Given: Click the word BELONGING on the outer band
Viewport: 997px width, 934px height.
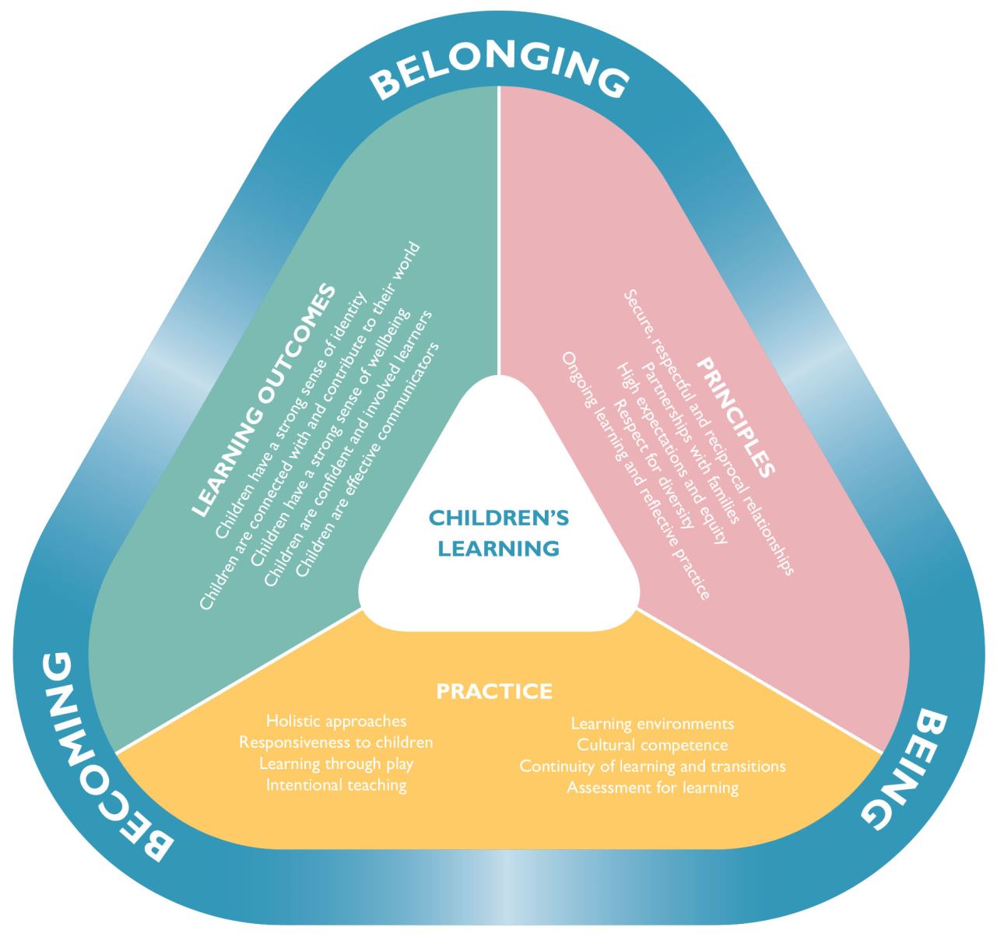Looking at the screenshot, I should coord(498,76).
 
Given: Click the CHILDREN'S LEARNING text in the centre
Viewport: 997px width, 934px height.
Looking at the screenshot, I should coord(498,533).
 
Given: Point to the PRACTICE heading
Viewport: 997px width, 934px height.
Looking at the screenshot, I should coord(494,691).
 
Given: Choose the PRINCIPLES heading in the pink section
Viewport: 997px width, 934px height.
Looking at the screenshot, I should coord(736,417).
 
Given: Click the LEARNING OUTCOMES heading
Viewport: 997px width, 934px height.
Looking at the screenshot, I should coord(265,401).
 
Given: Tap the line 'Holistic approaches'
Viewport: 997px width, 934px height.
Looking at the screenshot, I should coord(336,721).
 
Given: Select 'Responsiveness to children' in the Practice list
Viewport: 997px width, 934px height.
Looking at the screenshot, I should coord(336,742).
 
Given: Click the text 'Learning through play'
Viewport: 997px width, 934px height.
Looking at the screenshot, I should coord(336,763).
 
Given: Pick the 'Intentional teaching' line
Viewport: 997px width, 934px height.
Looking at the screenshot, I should coord(336,785).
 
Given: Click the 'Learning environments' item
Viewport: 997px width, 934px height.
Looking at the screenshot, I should coord(652,724).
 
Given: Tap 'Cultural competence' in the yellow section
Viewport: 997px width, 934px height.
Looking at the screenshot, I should coord(652,745).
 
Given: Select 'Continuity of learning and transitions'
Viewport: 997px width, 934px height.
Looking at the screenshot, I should coord(652,766).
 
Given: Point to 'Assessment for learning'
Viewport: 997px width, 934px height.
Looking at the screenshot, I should coord(652,787).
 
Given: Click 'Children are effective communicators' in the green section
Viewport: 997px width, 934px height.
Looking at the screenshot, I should coord(368,459).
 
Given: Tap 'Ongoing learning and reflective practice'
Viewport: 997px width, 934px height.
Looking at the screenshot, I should coord(635,475).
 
